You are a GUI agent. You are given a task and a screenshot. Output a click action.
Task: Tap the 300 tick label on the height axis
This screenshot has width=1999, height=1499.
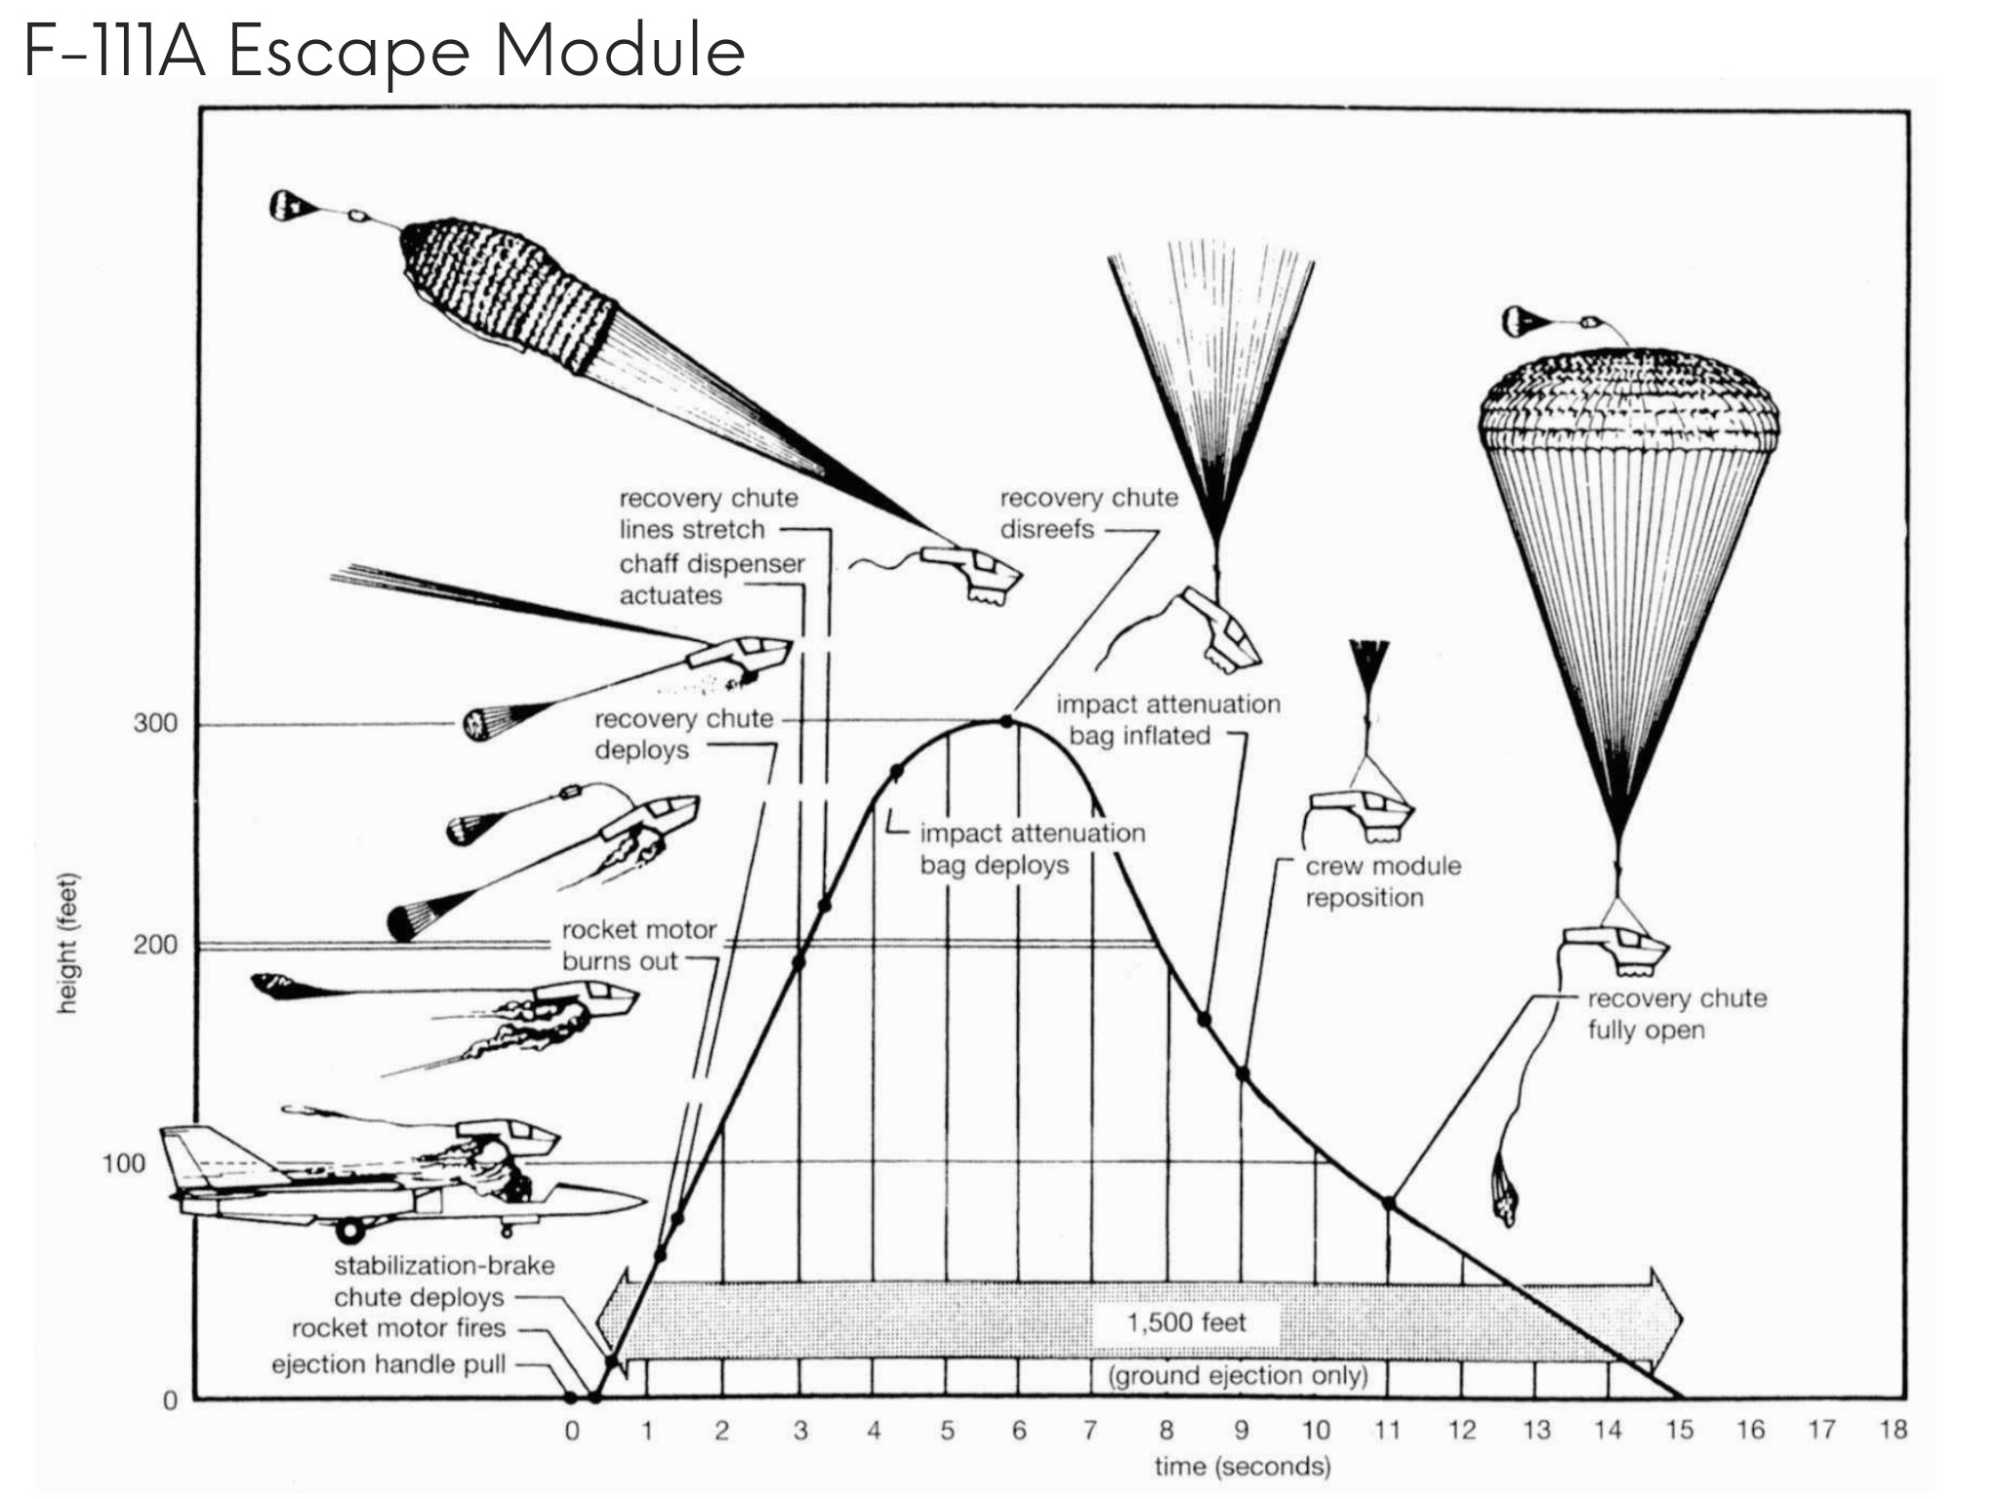pyautogui.click(x=155, y=724)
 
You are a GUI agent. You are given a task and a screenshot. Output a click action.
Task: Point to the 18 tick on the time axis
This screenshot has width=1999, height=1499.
pyautogui.click(x=1893, y=1430)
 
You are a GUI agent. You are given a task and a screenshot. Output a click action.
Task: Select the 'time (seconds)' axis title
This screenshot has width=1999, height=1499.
pyautogui.click(x=1242, y=1466)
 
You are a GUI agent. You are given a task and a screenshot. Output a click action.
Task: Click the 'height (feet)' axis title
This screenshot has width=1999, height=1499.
pyautogui.click(x=67, y=943)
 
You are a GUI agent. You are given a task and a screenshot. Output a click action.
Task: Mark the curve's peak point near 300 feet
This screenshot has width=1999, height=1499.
pyautogui.click(x=1006, y=721)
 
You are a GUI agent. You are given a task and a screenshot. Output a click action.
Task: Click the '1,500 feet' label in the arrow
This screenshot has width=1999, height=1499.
pyautogui.click(x=1186, y=1322)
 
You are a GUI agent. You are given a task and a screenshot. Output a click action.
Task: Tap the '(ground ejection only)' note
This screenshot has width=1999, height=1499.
pyautogui.click(x=1238, y=1376)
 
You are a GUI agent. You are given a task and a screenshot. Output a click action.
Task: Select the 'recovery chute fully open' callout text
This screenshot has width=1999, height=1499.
pyautogui.click(x=1676, y=1014)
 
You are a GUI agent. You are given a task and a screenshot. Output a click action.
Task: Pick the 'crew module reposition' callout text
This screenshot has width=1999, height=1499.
pyautogui.click(x=1382, y=881)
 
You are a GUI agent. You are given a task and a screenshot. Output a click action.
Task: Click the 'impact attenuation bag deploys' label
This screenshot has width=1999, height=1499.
pyautogui.click(x=1032, y=849)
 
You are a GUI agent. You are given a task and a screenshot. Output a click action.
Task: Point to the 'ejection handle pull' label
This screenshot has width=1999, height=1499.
pyautogui.click(x=388, y=1363)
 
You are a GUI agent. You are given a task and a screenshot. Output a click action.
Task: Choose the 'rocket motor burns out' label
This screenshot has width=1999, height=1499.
pyautogui.click(x=638, y=945)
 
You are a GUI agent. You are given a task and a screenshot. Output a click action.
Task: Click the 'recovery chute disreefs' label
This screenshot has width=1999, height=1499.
pyautogui.click(x=1088, y=513)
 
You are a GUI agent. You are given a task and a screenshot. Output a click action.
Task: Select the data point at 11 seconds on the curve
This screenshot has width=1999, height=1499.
pyautogui.click(x=1389, y=1203)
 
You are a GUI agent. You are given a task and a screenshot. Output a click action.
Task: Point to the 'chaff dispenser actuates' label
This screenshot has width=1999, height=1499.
pyautogui.click(x=712, y=579)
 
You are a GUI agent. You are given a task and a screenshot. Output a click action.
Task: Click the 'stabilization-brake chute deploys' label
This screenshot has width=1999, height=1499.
pyautogui.click(x=443, y=1280)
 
